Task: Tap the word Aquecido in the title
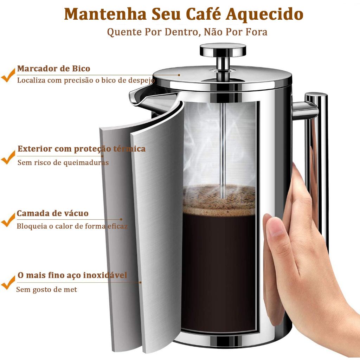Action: (264, 15)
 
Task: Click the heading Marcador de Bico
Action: (53, 69)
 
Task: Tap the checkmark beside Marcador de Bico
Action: (8, 75)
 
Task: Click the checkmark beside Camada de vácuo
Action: (8, 220)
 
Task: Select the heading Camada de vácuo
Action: (53, 213)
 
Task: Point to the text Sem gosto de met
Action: (47, 290)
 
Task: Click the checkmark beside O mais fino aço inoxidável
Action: (8, 283)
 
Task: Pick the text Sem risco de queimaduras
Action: (63, 162)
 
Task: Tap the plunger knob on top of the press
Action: (223, 50)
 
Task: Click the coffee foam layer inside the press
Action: (219, 200)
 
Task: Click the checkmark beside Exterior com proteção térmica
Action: (8, 157)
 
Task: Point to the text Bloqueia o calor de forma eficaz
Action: (72, 226)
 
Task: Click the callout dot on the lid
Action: (179, 75)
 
